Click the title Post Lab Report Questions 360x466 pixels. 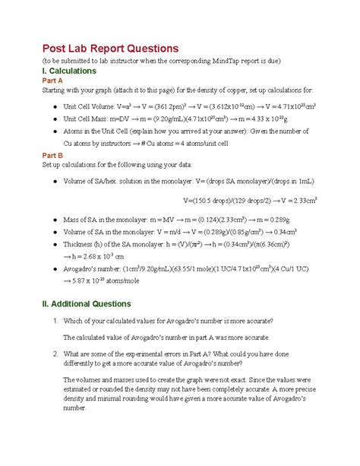click(109, 48)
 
